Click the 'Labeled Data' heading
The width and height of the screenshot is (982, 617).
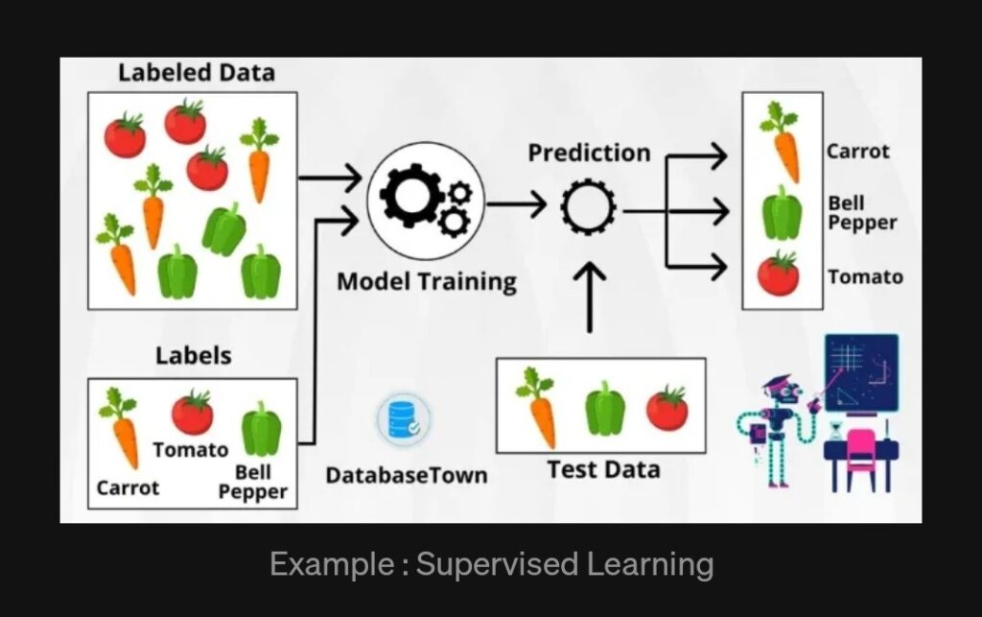[196, 72]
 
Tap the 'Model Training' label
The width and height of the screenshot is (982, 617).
[427, 282]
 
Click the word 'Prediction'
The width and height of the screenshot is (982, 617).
[589, 153]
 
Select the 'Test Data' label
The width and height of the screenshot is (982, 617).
[603, 469]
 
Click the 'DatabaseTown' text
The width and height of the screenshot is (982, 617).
[406, 475]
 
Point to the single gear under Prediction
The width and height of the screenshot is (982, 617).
[589, 203]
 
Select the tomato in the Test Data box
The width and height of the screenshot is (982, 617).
[666, 408]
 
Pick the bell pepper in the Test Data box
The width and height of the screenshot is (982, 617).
[605, 408]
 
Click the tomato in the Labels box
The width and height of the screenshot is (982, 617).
[193, 413]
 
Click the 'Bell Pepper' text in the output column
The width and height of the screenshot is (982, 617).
[862, 213]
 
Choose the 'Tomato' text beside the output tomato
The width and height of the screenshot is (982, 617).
[865, 277]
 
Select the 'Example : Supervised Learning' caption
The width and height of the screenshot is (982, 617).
[491, 564]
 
